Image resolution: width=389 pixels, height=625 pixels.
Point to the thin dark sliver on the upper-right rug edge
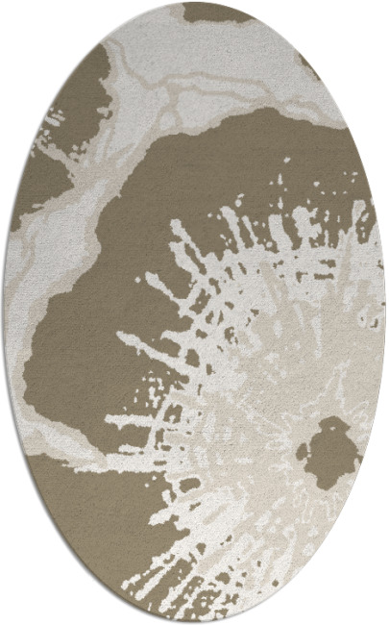309,67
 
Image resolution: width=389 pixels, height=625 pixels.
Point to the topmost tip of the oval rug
195,3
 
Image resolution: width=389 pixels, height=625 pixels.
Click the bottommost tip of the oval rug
195,622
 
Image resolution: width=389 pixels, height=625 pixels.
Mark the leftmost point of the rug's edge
4,312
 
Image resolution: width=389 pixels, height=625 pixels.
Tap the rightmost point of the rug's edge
385,312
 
